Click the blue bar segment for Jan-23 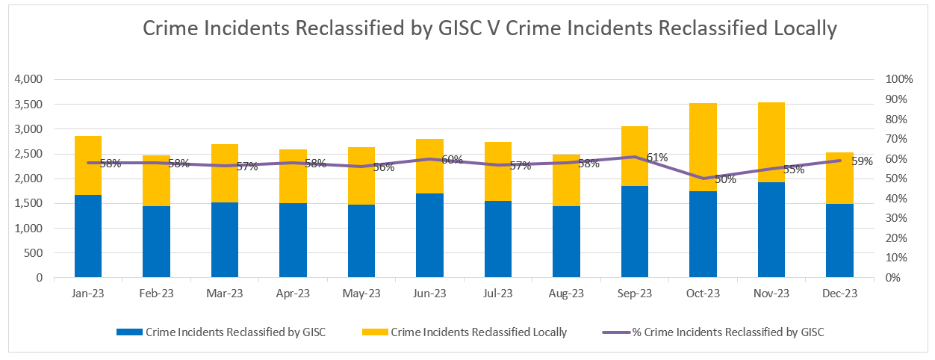tap(88, 236)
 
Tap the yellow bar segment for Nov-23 tap(771, 142)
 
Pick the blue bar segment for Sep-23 tap(635, 232)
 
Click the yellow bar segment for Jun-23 tap(429, 166)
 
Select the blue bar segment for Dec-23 tap(839, 240)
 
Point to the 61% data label tap(656, 157)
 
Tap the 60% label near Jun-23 tap(452, 159)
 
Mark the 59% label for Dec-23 tap(862, 161)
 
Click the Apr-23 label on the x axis tap(293, 294)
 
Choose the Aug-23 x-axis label tap(566, 294)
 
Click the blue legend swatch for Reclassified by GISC tap(129, 332)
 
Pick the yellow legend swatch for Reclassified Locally tap(375, 332)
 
